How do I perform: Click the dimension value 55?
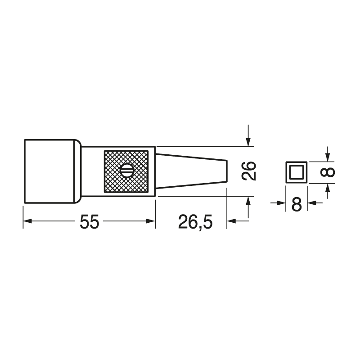point(89,221)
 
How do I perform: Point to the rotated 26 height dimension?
point(248,171)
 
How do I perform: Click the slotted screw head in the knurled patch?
point(126,171)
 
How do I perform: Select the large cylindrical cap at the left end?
point(49,171)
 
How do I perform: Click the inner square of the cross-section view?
point(296,172)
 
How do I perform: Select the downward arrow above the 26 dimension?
point(248,141)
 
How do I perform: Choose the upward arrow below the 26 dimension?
point(248,202)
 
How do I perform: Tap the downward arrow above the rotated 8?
point(328,156)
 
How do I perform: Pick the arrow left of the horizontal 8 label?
point(281,203)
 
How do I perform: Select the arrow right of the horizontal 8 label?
point(312,203)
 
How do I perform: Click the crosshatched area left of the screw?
point(112,171)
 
